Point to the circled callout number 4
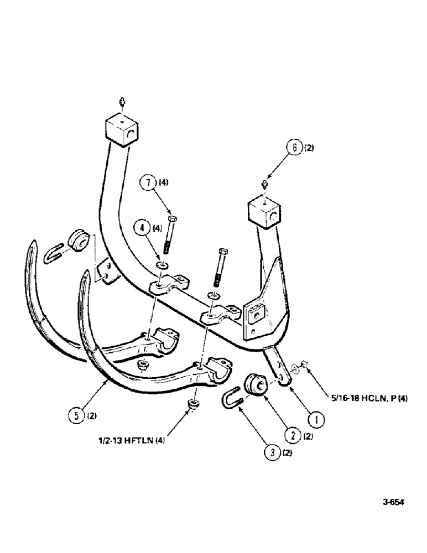pos(142,227)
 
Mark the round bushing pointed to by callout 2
pos(255,384)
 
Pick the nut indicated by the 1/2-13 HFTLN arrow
pos(194,405)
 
